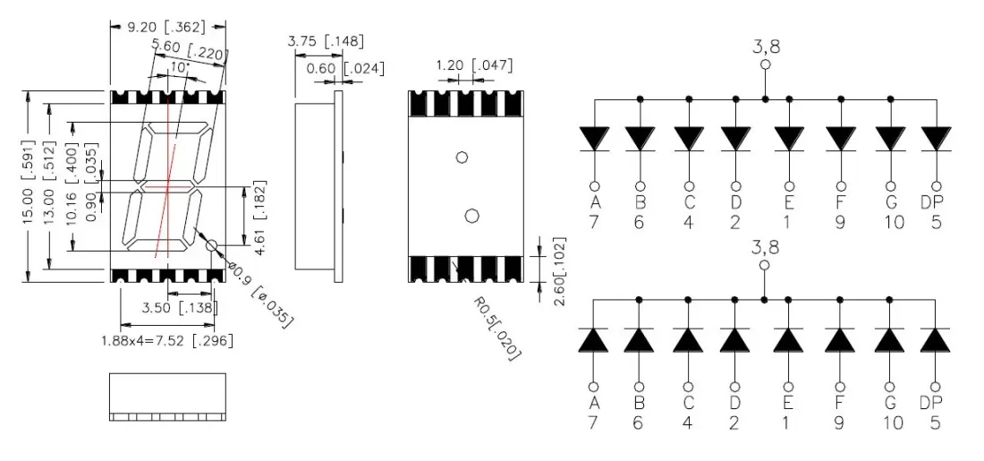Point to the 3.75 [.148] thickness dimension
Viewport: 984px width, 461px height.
coord(325,41)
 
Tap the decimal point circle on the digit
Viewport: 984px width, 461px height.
coord(212,244)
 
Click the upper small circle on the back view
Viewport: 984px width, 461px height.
coord(462,158)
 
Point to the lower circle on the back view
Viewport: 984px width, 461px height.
coord(472,215)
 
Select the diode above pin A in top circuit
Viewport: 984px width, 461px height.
coord(594,139)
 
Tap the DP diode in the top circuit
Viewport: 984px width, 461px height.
coord(936,139)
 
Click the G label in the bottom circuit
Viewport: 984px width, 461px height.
coord(889,404)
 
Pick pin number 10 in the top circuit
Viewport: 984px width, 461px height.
coord(890,222)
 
